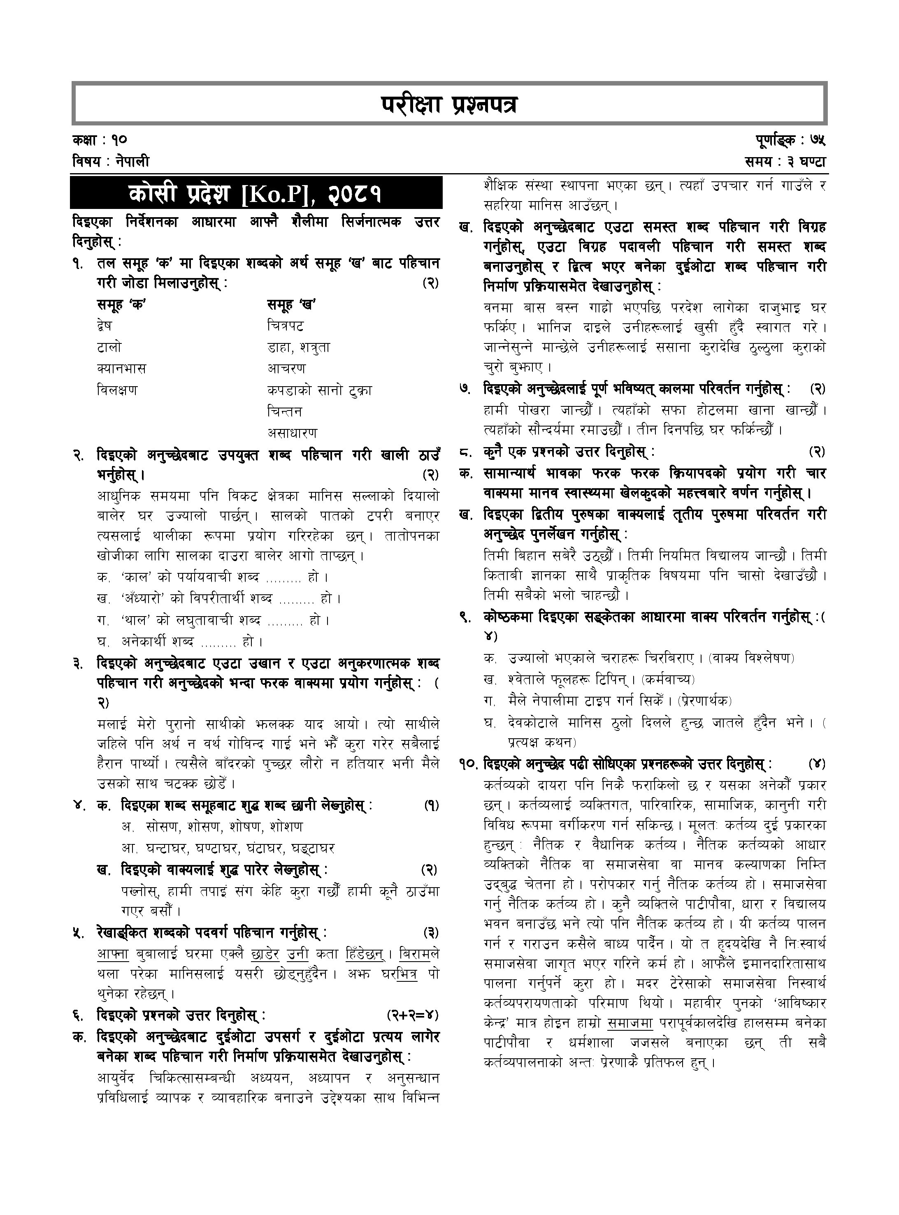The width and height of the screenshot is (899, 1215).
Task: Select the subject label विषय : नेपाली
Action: [110, 162]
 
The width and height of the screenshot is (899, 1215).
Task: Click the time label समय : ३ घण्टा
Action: [786, 162]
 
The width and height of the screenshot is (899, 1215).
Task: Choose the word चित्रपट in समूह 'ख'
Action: [286, 326]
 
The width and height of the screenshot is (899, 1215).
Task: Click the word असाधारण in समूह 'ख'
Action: [292, 433]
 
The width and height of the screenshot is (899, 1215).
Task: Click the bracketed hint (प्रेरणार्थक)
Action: [705, 700]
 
